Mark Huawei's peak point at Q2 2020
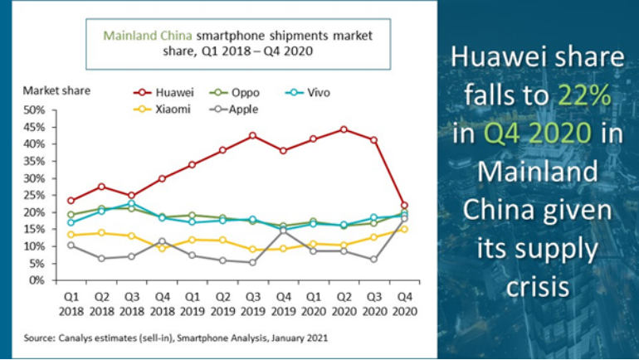[x=344, y=129]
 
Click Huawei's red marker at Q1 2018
[x=71, y=201]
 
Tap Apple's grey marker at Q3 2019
[x=252, y=262]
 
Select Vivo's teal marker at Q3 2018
[x=131, y=203]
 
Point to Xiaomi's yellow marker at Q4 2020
[x=403, y=229]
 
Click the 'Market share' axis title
[x=56, y=90]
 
